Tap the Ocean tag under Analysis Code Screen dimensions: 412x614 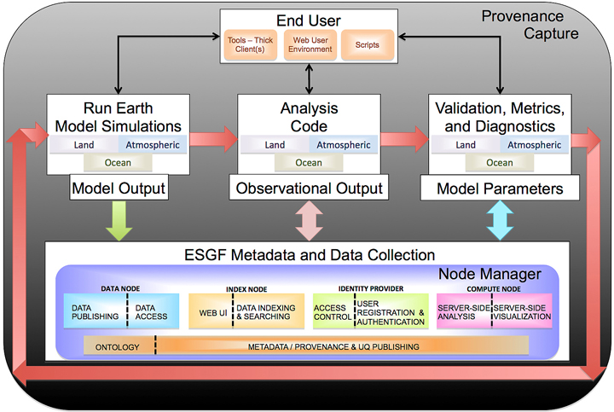tap(309, 163)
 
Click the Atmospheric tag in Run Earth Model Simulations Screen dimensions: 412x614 tap(149, 145)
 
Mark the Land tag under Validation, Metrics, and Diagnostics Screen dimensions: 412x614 tap(465, 145)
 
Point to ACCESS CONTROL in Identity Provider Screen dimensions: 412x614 tap(330, 311)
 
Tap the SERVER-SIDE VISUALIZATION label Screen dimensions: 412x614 tap(523, 311)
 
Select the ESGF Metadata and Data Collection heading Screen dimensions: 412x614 tap(310, 254)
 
